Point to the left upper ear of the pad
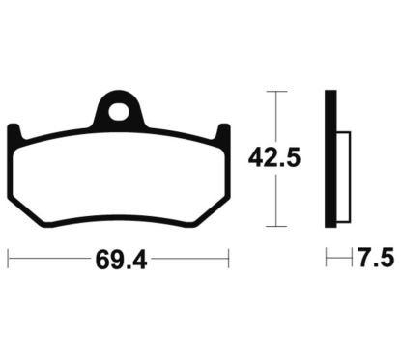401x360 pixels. tap(13, 131)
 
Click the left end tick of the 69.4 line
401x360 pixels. tap(8, 259)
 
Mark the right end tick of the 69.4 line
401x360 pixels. tap(228, 259)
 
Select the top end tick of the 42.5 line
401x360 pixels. tap(277, 92)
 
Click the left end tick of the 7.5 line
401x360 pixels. tap(326, 259)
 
